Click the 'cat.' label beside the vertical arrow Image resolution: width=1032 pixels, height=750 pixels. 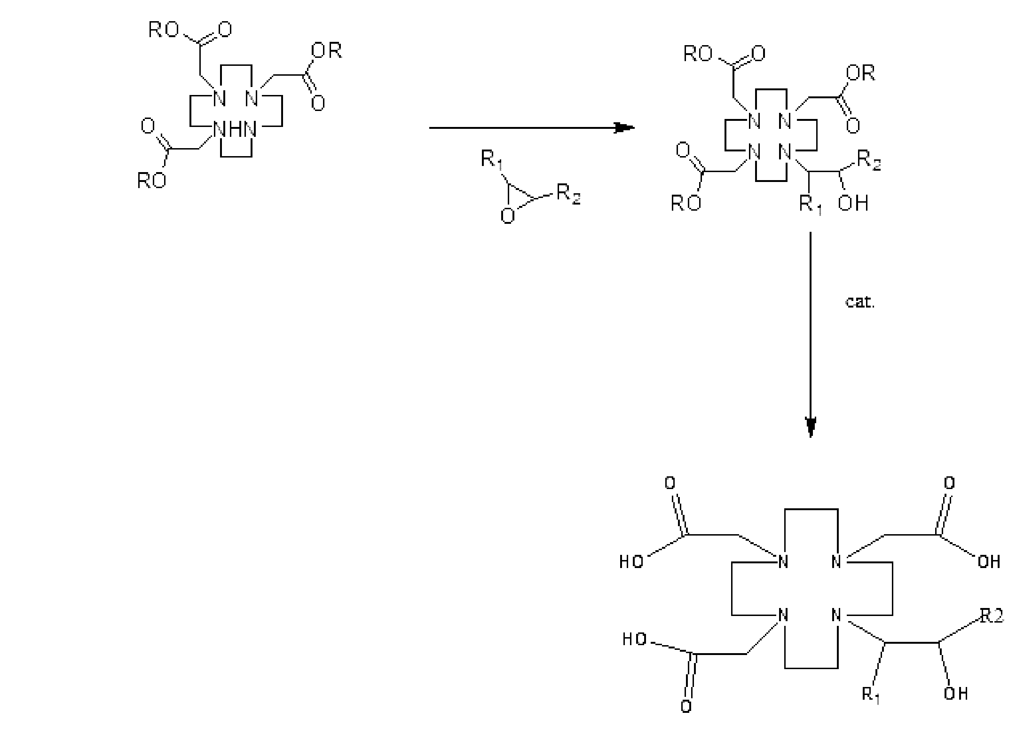click(x=860, y=302)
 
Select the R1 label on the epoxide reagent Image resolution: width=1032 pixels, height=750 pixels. click(x=491, y=160)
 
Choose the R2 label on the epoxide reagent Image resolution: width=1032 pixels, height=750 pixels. click(x=568, y=194)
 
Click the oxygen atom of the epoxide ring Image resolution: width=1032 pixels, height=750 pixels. click(x=507, y=216)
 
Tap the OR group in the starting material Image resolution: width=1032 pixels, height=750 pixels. click(x=326, y=50)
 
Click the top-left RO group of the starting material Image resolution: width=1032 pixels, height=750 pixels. click(x=163, y=31)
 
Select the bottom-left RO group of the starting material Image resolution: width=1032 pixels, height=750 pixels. click(x=151, y=181)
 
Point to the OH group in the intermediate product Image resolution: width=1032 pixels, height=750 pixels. click(x=853, y=204)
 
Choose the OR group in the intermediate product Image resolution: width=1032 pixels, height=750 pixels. click(x=860, y=73)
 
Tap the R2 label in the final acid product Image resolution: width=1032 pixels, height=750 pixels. click(x=992, y=616)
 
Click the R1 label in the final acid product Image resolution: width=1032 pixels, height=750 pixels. click(x=871, y=695)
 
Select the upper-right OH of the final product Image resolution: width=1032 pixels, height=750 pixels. click(x=989, y=562)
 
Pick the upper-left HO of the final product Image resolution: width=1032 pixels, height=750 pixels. click(x=631, y=562)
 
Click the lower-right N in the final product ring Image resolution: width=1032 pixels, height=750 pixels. click(x=836, y=615)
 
